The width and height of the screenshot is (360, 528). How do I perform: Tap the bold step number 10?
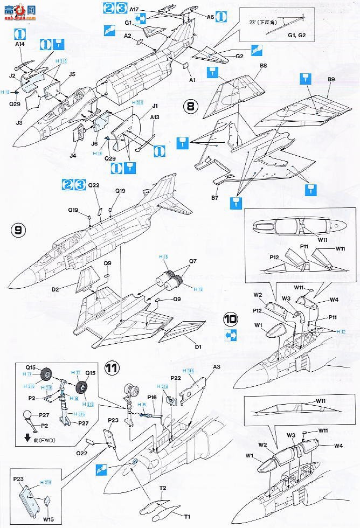231,319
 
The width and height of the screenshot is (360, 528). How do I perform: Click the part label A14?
20,44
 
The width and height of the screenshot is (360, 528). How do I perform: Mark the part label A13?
155,116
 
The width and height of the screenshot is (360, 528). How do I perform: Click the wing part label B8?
264,66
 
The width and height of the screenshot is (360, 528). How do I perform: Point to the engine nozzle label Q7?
193,262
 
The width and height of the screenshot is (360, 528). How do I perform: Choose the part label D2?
55,290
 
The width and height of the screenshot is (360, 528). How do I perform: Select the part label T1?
187,517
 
